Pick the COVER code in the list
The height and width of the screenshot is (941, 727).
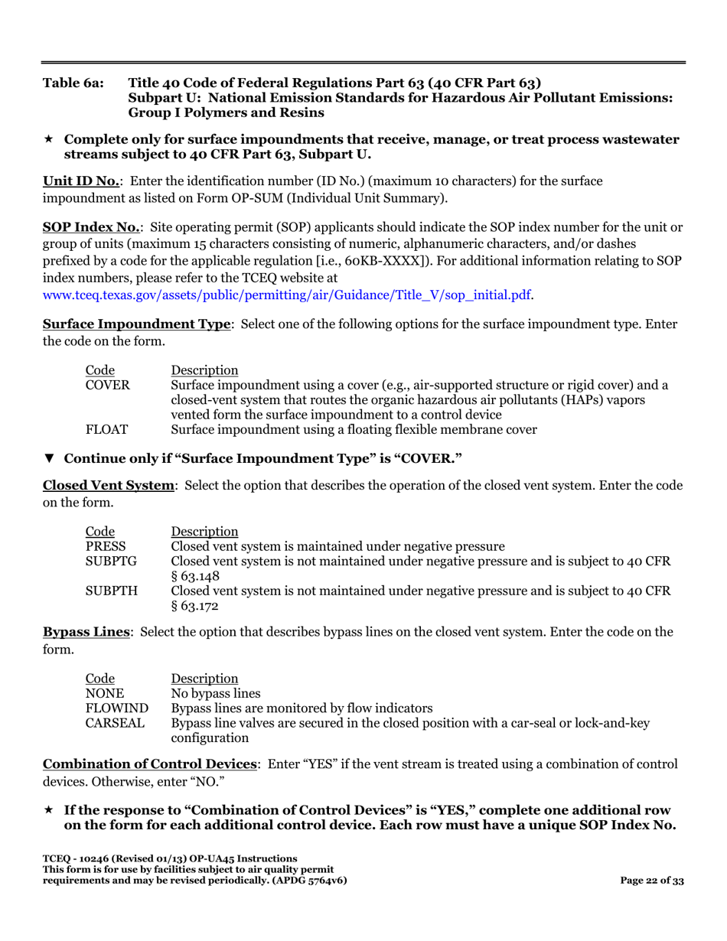(107, 385)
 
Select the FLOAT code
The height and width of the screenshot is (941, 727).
(106, 429)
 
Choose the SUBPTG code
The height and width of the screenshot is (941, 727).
(111, 561)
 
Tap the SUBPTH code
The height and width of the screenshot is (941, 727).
(111, 591)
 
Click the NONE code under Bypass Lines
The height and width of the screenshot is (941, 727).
(103, 693)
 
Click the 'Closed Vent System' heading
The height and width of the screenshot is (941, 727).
(109, 486)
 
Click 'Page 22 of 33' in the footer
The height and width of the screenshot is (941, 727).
(651, 881)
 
